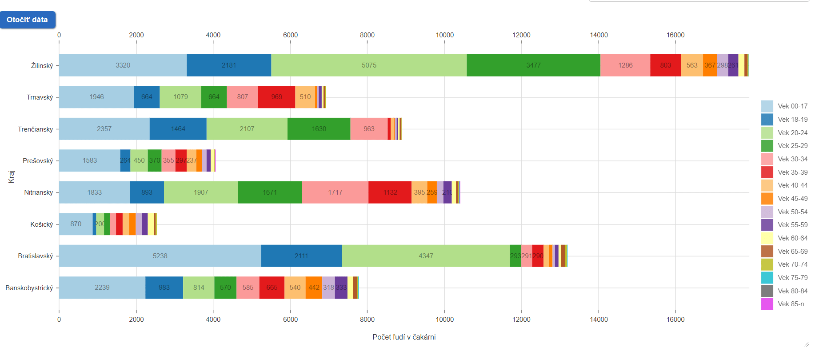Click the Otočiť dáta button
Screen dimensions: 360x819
(28, 20)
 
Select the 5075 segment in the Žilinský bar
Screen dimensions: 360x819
(369, 65)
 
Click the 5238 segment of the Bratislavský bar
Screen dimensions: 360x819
(160, 256)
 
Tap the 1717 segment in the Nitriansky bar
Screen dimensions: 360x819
(335, 192)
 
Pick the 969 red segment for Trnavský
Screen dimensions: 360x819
(276, 97)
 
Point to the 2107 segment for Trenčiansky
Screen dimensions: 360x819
(247, 129)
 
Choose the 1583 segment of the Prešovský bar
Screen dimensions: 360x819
(89, 160)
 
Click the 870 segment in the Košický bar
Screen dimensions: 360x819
(76, 224)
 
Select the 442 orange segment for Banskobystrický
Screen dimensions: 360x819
(314, 288)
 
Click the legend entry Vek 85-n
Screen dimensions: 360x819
(792, 304)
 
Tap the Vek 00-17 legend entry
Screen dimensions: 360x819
(792, 106)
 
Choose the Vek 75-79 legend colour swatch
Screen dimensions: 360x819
(767, 278)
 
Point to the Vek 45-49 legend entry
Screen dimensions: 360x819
(792, 199)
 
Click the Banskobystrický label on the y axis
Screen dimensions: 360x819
(29, 288)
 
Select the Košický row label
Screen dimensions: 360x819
(41, 224)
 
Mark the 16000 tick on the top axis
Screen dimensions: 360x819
(675, 35)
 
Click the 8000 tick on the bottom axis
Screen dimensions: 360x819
(367, 320)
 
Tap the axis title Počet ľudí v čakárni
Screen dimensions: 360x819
(404, 337)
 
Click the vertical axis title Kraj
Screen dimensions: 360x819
(12, 176)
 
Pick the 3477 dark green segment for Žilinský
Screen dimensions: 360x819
(533, 65)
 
